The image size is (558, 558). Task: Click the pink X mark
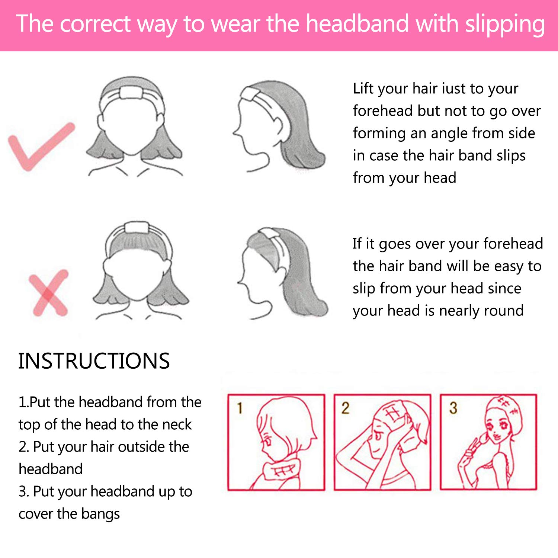tap(49, 293)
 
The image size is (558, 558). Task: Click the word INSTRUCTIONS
tap(94, 361)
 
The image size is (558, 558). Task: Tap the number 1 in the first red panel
tap(240, 408)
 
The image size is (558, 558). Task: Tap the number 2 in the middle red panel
tap(345, 408)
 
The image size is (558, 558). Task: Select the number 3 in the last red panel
tap(453, 408)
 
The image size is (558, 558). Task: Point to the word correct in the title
tap(95, 24)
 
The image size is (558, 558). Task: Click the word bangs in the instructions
tap(100, 514)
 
